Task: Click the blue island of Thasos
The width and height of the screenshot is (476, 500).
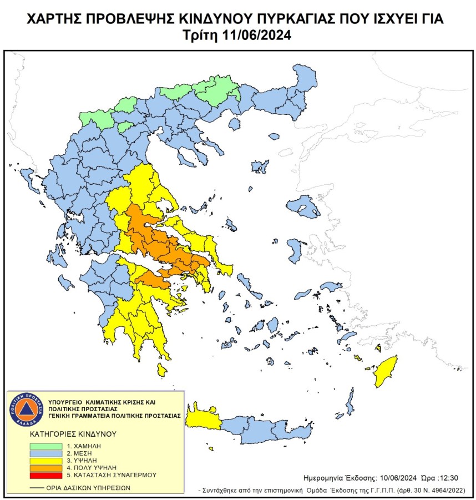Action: (x=274, y=137)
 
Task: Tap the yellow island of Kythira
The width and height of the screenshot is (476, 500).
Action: (x=162, y=370)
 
